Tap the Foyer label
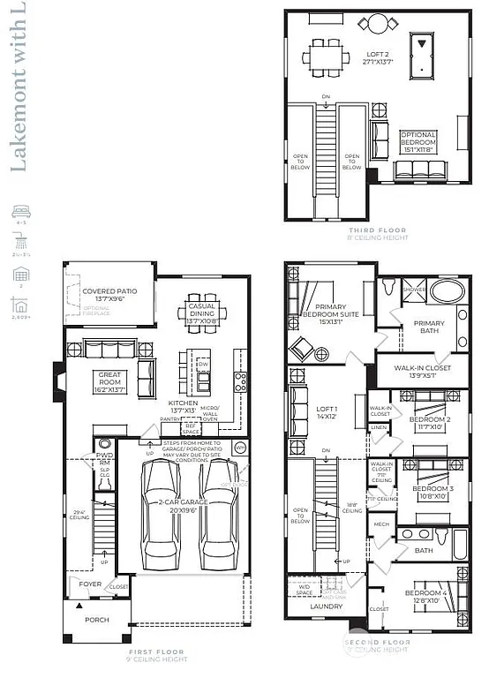[x=91, y=584]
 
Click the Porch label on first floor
[x=96, y=620]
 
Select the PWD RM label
[x=104, y=460]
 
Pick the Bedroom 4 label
[x=427, y=596]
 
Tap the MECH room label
[x=382, y=524]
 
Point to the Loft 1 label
[x=328, y=412]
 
